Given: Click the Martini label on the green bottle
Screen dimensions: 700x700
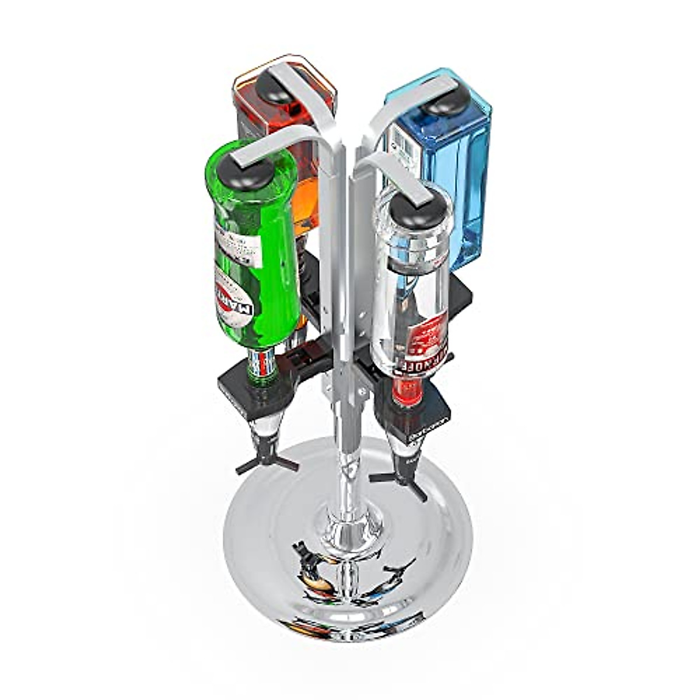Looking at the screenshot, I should [x=240, y=306].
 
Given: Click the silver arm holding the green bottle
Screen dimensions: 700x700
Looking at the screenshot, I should [x=274, y=140].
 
